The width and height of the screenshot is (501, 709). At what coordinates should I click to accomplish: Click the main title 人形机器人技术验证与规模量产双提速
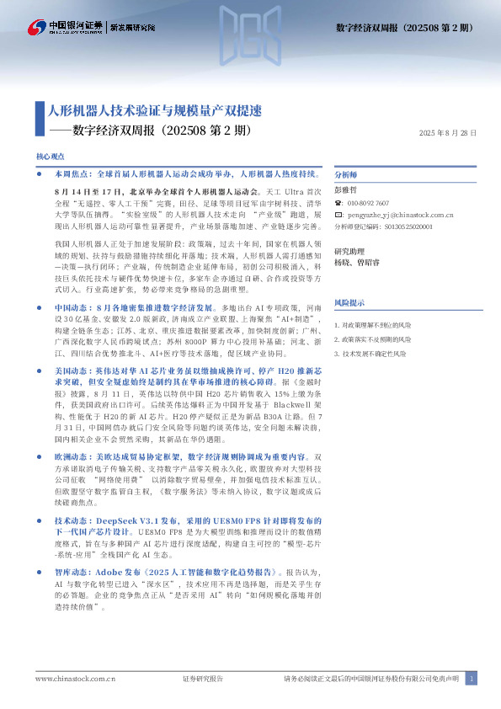point(154,110)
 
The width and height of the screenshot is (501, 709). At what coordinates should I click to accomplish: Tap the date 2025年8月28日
point(447,133)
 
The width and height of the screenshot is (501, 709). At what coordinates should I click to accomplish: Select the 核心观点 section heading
point(51,157)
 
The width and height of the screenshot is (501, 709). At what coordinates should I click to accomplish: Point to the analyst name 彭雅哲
point(345,191)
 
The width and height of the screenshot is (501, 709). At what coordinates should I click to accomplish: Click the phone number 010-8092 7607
point(368,204)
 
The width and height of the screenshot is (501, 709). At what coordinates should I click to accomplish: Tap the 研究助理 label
point(349,252)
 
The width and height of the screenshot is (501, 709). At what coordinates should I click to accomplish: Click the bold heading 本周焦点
point(69,173)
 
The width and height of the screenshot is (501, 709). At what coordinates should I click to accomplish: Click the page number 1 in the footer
point(472,679)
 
